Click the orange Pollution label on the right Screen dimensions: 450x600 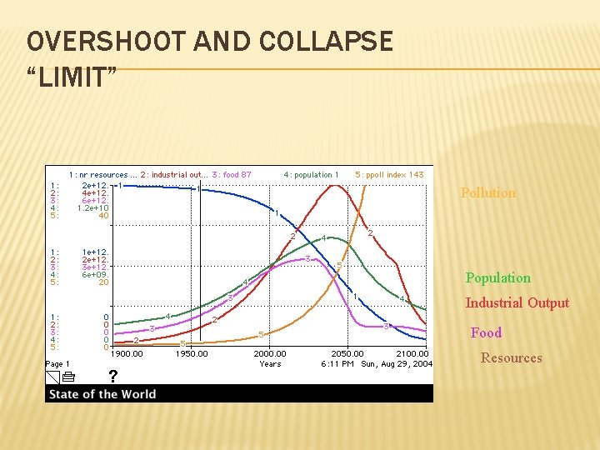click(x=487, y=193)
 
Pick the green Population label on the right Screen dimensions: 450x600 click(x=497, y=278)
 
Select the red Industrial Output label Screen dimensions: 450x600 click(x=517, y=303)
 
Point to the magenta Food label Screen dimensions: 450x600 click(x=486, y=333)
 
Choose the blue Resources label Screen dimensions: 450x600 click(x=511, y=358)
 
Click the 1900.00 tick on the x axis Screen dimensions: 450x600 click(x=127, y=354)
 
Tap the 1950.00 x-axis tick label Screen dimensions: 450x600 click(x=191, y=354)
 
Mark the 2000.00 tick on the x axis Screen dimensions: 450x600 click(x=270, y=354)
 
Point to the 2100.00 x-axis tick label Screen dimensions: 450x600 click(x=412, y=354)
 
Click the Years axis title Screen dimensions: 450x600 click(x=270, y=364)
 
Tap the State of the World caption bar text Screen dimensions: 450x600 click(x=102, y=394)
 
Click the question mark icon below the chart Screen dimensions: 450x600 click(x=112, y=377)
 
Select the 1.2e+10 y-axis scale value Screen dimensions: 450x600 click(x=92, y=208)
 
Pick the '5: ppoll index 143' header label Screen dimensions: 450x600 click(x=389, y=175)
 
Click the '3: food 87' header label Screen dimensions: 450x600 click(x=232, y=175)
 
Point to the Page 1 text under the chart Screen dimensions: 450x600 click(x=57, y=364)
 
